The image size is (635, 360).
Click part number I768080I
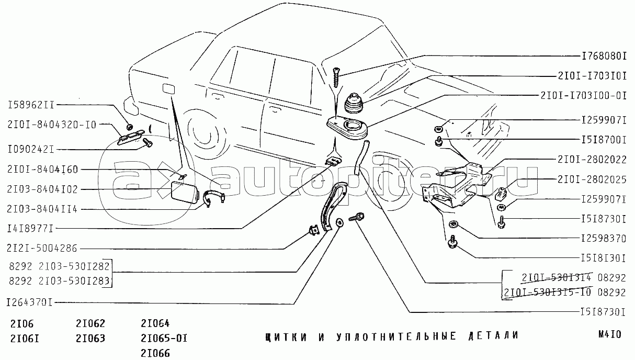604,57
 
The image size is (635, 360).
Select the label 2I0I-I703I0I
592,76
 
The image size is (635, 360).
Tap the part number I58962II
31,105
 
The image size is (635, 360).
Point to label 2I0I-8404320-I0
52,125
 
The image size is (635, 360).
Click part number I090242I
31,150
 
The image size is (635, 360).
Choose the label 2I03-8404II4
42,209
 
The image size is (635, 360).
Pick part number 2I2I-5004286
42,249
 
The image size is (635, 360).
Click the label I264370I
29,303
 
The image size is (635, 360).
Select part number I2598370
604,239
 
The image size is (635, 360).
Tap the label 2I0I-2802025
592,179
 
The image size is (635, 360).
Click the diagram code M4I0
610,334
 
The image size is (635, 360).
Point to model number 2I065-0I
164,339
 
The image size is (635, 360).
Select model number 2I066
155,354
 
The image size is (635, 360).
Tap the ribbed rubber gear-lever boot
355,103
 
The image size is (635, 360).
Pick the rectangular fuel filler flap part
184,193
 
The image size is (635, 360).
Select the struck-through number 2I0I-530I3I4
556,277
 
